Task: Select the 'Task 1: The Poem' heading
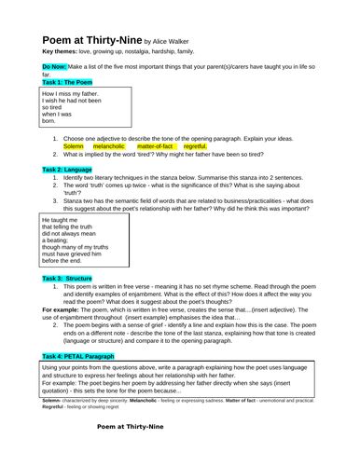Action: coord(74,82)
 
